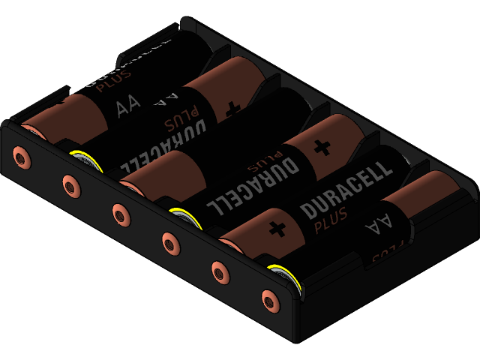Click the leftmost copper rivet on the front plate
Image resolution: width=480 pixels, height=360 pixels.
(21, 157)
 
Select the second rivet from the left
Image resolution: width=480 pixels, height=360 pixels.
(70, 184)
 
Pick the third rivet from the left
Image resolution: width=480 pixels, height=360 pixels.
(120, 213)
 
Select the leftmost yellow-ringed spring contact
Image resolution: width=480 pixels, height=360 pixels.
(86, 160)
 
